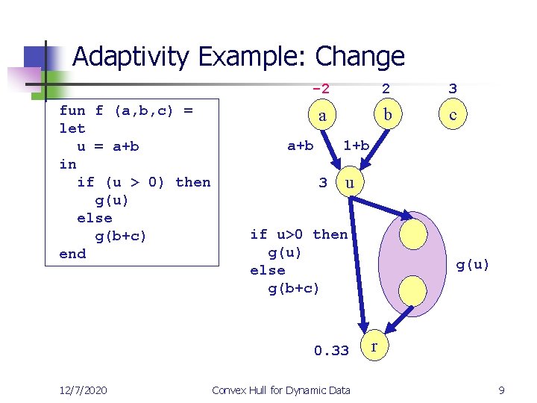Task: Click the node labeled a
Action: coord(321,116)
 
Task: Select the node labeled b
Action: coord(386,115)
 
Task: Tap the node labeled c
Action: coord(453,115)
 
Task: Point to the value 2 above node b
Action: coord(386,89)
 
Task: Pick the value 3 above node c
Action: coord(453,89)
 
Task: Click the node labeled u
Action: coord(350,182)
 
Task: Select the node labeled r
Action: coord(374,347)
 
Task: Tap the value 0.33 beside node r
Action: coord(331,351)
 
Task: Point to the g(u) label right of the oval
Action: coord(473,264)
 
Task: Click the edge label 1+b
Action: coord(356,145)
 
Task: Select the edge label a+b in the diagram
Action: coord(301,146)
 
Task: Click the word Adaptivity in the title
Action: coord(131,57)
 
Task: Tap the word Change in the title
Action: coord(360,57)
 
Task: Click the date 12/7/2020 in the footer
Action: coord(84,390)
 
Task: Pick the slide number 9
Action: coord(502,390)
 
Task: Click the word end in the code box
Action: coord(72,254)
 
